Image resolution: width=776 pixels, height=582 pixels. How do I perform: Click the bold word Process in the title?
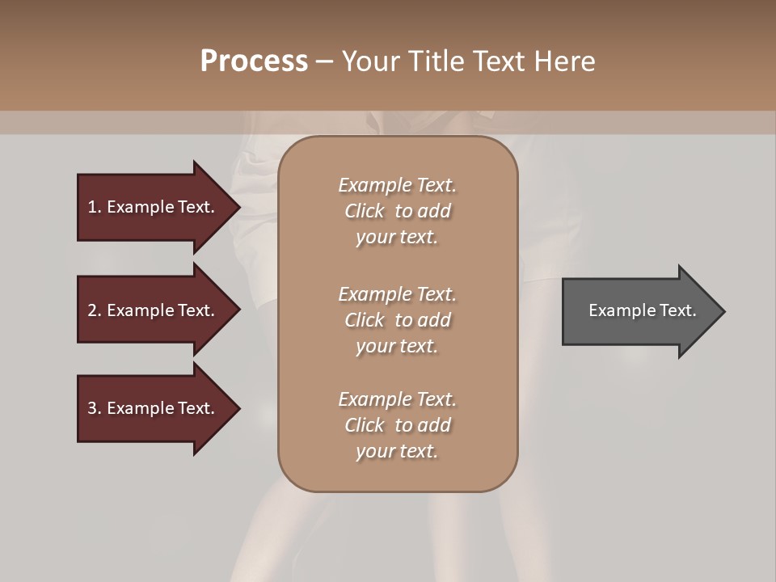pos(254,61)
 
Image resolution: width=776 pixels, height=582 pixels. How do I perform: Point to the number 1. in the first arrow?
pos(94,207)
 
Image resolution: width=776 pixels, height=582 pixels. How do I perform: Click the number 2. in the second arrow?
pos(94,310)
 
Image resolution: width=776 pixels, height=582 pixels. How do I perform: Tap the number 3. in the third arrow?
pos(94,408)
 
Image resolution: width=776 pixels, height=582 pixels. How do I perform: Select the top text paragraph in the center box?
pos(397,211)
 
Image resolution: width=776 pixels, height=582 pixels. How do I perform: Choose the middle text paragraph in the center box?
pos(397,320)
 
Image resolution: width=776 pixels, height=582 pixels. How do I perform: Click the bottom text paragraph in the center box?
pos(397,425)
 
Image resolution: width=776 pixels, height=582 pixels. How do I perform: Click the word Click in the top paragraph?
pos(365,211)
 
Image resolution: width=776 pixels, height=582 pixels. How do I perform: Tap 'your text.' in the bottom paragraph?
pos(397,451)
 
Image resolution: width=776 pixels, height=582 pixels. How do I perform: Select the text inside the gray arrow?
pos(642,310)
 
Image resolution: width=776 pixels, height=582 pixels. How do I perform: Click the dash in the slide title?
pos(325,61)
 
